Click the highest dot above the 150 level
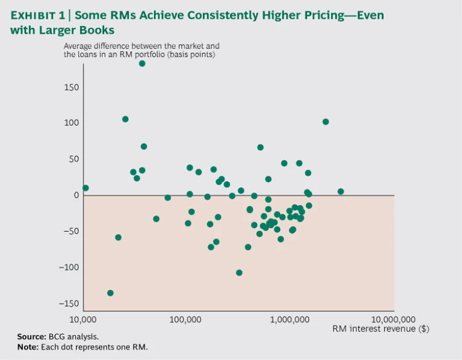(x=142, y=63)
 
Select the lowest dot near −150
(x=110, y=293)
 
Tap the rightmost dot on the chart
(x=340, y=191)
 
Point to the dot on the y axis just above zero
(x=85, y=188)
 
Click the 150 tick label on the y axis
(x=72, y=87)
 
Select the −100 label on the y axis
(x=69, y=267)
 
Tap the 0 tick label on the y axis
(x=76, y=195)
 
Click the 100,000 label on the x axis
(x=186, y=319)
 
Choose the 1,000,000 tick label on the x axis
(x=290, y=319)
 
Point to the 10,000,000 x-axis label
(x=394, y=319)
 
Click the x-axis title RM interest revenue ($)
(x=381, y=329)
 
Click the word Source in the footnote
(x=31, y=337)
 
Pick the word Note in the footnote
(x=26, y=347)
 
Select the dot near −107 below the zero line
(x=239, y=273)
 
